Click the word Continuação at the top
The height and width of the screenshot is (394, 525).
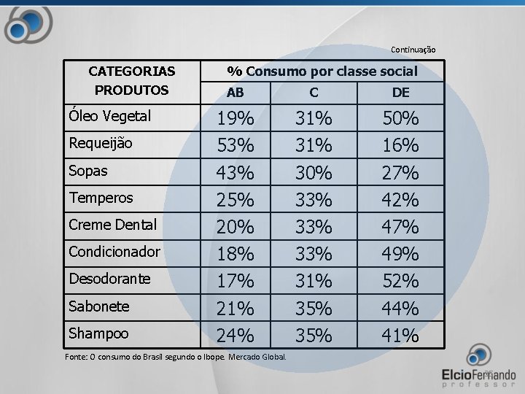(x=413, y=50)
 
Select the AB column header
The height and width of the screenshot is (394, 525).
(x=236, y=93)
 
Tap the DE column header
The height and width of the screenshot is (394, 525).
(x=400, y=93)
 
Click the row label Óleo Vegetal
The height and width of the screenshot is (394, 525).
(x=109, y=116)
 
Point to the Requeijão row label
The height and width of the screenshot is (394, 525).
(x=101, y=144)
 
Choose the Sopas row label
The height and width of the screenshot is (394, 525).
(x=88, y=171)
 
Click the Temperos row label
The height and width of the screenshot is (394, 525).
(x=101, y=198)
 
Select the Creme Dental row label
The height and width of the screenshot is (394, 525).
(x=112, y=225)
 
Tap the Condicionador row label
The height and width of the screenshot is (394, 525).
(x=114, y=252)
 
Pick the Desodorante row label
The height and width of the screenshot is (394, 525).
(x=109, y=279)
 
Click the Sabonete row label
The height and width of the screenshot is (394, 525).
(x=98, y=306)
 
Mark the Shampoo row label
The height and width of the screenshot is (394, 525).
(x=98, y=333)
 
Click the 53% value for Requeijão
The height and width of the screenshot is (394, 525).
(x=236, y=145)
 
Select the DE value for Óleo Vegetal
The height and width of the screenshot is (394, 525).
(x=400, y=118)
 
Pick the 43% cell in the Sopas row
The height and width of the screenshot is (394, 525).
(x=236, y=173)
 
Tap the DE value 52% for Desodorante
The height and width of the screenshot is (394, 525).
(x=400, y=281)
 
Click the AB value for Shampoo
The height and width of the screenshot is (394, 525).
(x=236, y=336)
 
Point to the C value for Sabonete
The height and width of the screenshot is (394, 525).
(x=314, y=309)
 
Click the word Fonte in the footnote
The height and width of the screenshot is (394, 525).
(x=77, y=357)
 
